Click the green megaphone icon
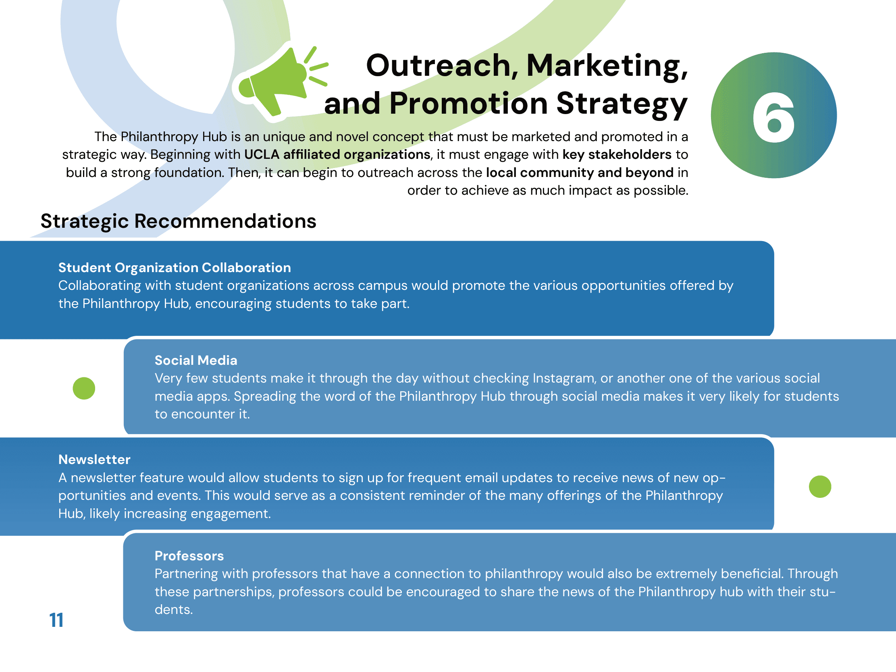(x=279, y=81)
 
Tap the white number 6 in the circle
(x=773, y=117)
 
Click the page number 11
(x=56, y=620)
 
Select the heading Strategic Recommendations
(x=178, y=221)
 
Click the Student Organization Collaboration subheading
(x=175, y=267)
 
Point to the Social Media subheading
(x=195, y=360)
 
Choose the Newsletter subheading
(x=94, y=459)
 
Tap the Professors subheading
(x=189, y=556)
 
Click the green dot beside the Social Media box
(x=84, y=388)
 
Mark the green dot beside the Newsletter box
(x=820, y=486)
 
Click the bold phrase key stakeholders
(x=617, y=154)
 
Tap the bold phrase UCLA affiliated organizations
(x=337, y=154)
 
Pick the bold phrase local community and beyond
(x=580, y=173)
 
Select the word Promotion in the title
(x=469, y=104)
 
